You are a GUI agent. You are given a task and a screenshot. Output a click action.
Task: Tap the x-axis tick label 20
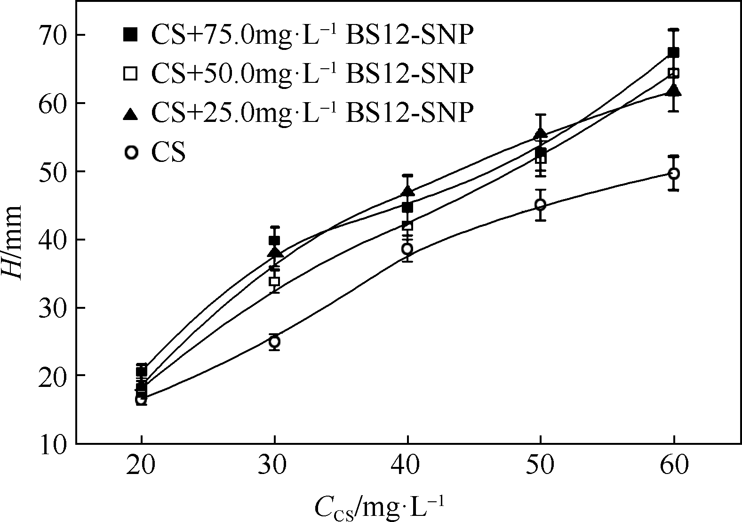[x=141, y=466]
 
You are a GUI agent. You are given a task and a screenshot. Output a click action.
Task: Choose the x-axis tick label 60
[x=674, y=466]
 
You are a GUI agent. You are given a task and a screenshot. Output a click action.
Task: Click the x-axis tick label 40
[x=407, y=466]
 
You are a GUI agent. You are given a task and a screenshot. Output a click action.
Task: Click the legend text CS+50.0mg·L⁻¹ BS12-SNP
[x=311, y=73]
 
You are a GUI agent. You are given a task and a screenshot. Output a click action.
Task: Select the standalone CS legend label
[x=168, y=153]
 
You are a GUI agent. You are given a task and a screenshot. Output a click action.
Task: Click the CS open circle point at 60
[x=674, y=174]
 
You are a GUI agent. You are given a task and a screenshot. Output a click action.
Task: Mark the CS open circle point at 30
[x=274, y=341]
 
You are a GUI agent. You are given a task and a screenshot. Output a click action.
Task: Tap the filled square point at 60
[x=674, y=52]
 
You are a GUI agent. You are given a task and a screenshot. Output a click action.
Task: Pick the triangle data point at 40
[x=407, y=192]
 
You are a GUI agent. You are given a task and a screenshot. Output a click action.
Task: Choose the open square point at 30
[x=274, y=282]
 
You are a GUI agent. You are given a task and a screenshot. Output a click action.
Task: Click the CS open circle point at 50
[x=541, y=205]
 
